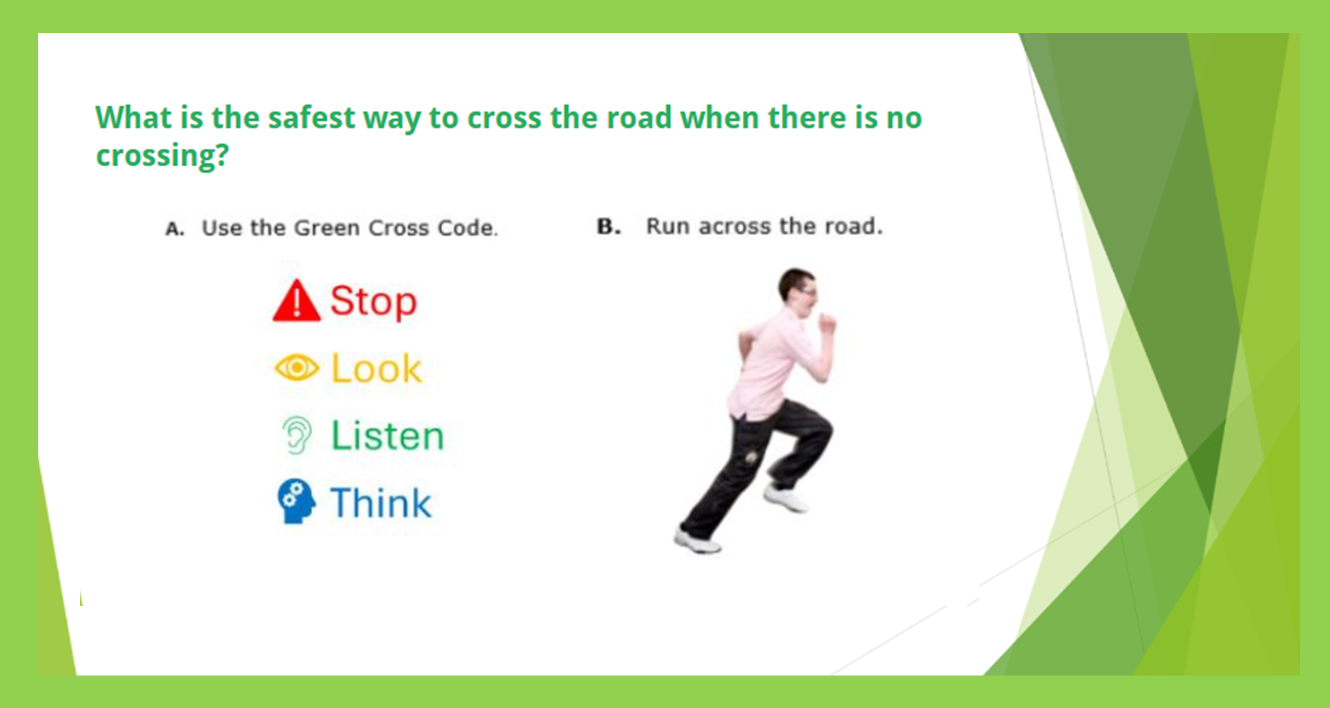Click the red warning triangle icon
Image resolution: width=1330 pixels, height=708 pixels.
coord(296,301)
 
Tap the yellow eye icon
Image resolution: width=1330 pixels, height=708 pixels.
coord(296,368)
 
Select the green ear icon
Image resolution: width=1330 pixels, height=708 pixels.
coord(297,435)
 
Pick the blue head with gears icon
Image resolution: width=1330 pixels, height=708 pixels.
coord(296,501)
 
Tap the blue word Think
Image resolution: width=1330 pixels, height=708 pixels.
coord(381,502)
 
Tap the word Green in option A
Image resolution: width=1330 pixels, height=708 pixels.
coord(327,228)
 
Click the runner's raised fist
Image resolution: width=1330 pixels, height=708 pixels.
coord(828,324)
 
